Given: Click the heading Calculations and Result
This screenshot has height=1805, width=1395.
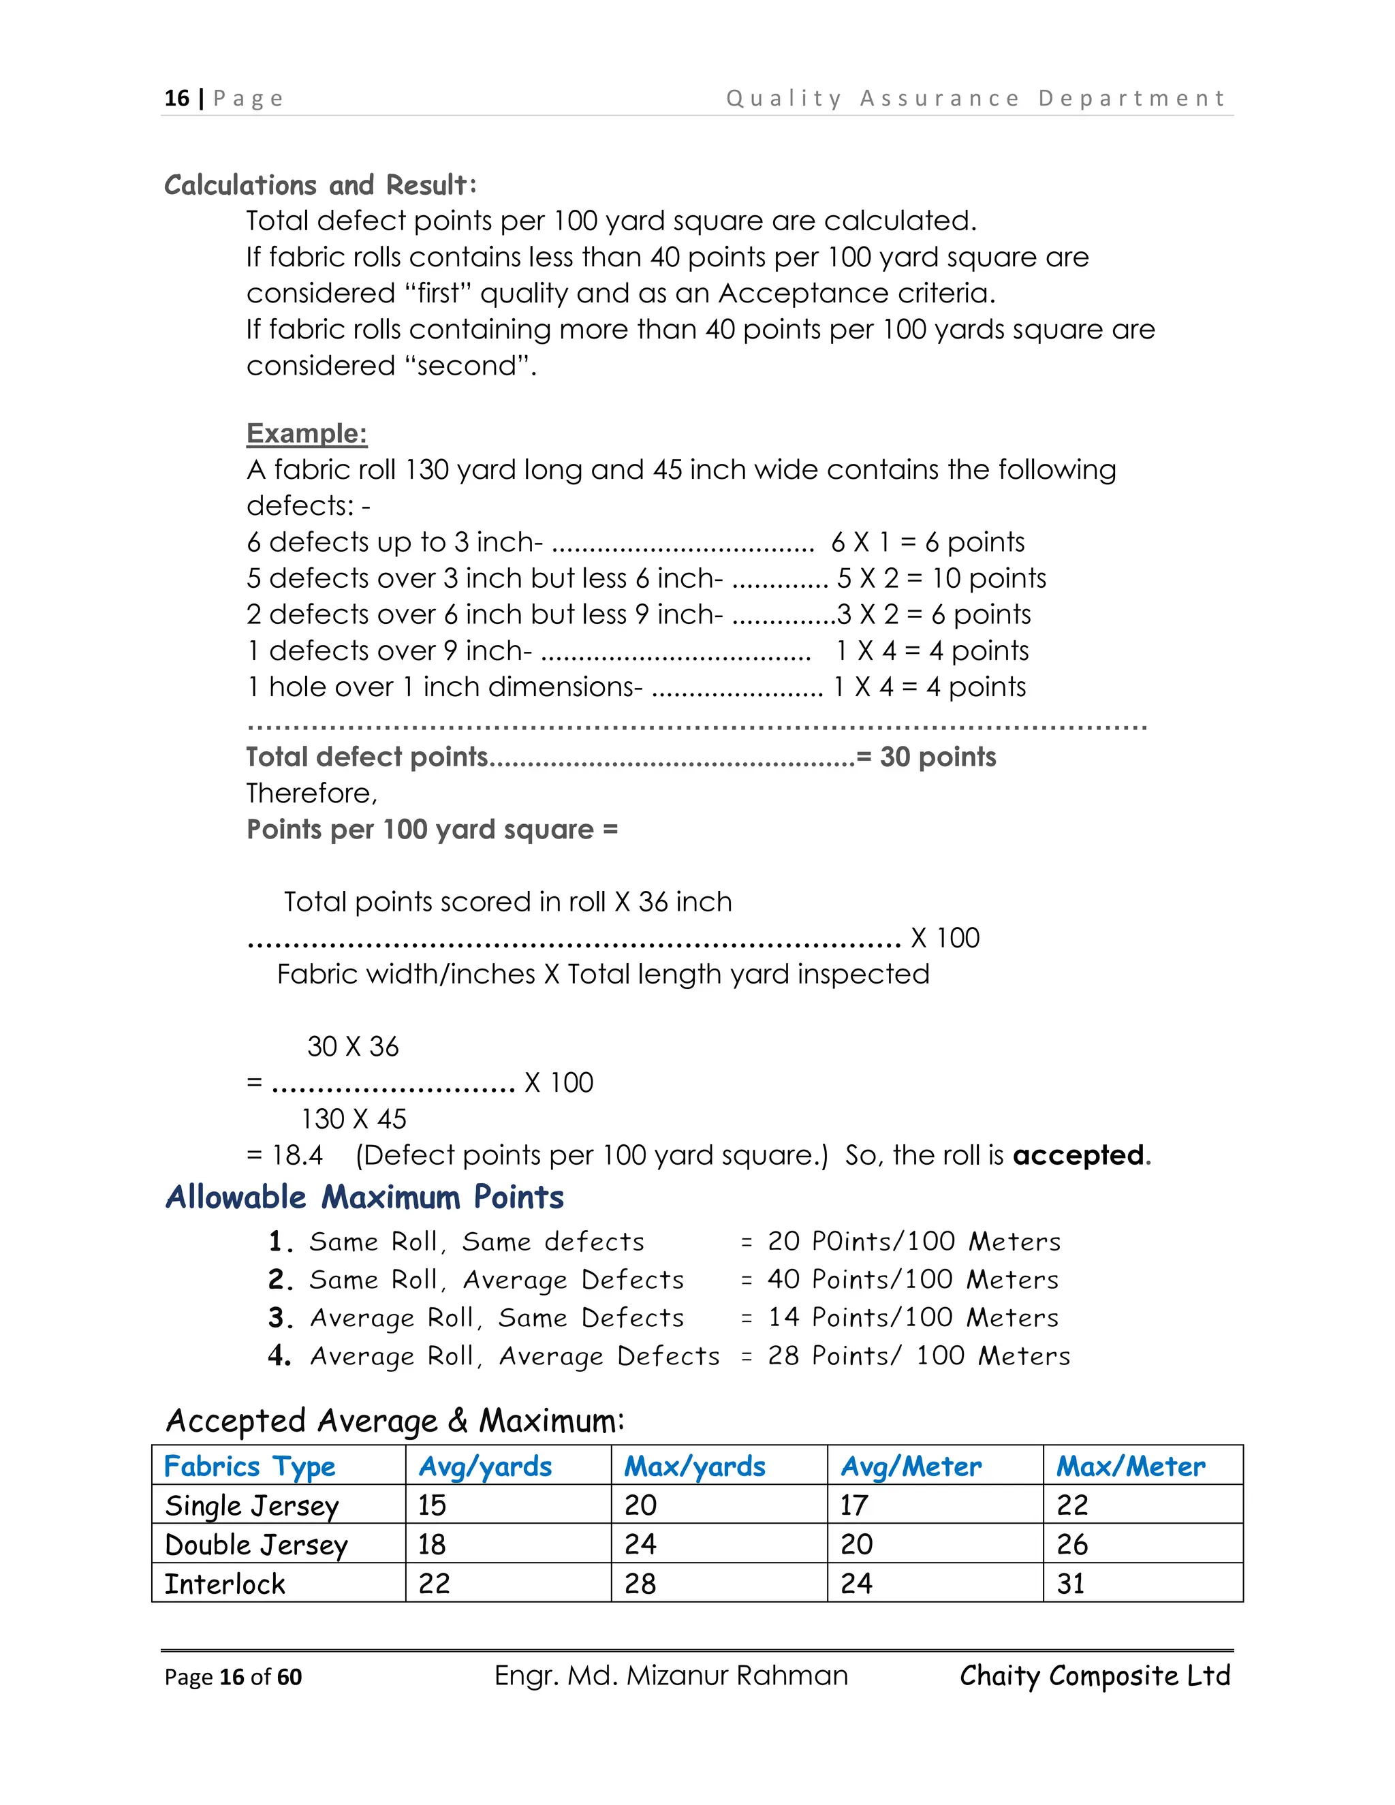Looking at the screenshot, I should point(321,185).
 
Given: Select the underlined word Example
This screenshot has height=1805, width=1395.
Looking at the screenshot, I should point(307,433).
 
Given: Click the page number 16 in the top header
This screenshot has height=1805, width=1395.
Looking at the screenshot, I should point(177,98).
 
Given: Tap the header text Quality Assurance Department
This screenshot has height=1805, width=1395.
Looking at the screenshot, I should point(975,98).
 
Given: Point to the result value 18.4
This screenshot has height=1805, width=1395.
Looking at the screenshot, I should point(298,1155).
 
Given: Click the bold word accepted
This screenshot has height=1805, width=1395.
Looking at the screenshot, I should point(1078,1155).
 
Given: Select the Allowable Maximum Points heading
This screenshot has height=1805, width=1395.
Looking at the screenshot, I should point(364,1197).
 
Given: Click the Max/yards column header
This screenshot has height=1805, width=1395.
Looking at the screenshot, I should point(694,1466).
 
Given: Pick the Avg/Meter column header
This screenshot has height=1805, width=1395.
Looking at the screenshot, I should point(911,1466).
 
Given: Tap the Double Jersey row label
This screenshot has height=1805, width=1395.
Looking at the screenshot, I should point(256,1545).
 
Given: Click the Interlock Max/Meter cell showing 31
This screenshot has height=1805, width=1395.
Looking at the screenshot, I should point(1071,1584).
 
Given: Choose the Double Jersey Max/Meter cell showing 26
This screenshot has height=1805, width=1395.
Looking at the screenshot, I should point(1072,1545).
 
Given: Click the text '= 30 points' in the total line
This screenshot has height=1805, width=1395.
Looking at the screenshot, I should point(926,757).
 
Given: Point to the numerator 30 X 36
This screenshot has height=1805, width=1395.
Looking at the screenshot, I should point(353,1046).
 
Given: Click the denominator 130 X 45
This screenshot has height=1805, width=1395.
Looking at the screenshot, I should point(354,1119).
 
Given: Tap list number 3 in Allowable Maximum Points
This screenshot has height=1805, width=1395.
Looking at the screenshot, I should point(280,1317).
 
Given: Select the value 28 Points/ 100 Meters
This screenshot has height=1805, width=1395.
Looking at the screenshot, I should point(918,1355).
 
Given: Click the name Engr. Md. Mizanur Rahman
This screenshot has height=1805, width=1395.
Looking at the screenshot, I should point(671,1676).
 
